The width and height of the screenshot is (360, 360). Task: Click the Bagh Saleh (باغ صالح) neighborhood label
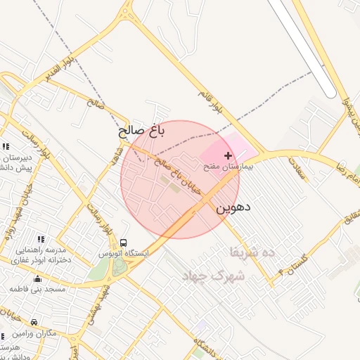tap(141, 130)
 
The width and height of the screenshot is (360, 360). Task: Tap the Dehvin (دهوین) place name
tap(233, 208)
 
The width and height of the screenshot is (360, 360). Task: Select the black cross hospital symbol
tap(227, 155)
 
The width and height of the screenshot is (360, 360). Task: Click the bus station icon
tap(124, 243)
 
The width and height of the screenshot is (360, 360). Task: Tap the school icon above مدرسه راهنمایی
tap(39, 240)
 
